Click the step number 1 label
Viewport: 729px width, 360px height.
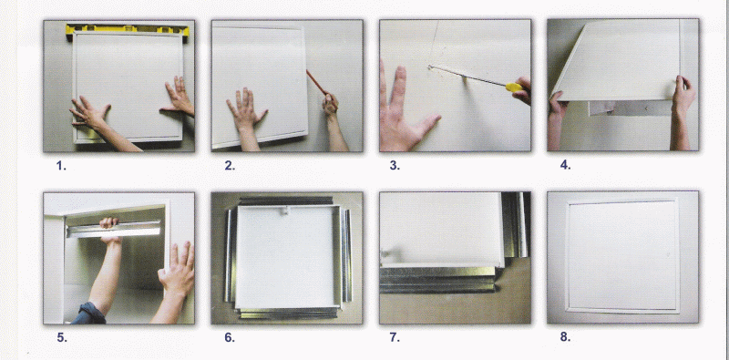pyautogui.click(x=61, y=166)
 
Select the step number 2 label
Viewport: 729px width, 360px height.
pyautogui.click(x=230, y=166)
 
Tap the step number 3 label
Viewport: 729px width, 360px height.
pyautogui.click(x=395, y=166)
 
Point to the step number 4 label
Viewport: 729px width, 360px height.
pyautogui.click(x=565, y=165)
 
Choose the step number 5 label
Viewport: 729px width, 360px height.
pyautogui.click(x=62, y=338)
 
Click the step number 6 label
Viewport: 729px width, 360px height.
pyautogui.click(x=230, y=338)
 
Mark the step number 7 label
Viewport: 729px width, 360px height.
pyautogui.click(x=395, y=338)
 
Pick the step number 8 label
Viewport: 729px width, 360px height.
pyautogui.click(x=565, y=337)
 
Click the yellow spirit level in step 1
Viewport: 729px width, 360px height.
pyautogui.click(x=128, y=30)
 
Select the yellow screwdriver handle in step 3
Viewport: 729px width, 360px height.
pyautogui.click(x=514, y=87)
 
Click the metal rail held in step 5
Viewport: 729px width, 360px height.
pyautogui.click(x=115, y=229)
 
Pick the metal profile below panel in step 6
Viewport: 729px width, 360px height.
pyautogui.click(x=289, y=313)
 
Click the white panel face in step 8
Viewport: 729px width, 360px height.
pyautogui.click(x=622, y=256)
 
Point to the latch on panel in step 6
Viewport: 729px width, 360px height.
pyautogui.click(x=283, y=211)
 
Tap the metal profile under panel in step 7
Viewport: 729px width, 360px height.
pyautogui.click(x=438, y=279)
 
